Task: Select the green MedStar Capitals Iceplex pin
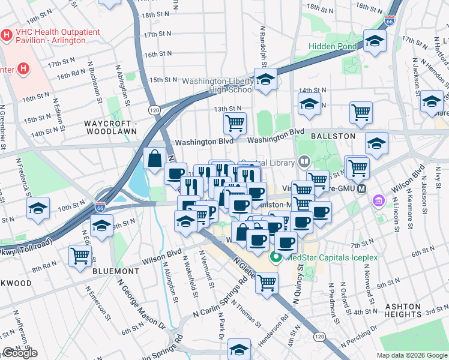click(x=277, y=259)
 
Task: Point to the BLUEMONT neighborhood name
click(x=116, y=271)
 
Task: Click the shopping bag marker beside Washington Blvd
click(x=154, y=159)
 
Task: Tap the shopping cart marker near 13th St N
click(x=235, y=123)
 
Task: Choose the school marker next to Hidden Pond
click(x=375, y=42)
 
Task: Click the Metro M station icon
click(x=361, y=188)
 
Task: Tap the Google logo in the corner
click(x=20, y=353)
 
